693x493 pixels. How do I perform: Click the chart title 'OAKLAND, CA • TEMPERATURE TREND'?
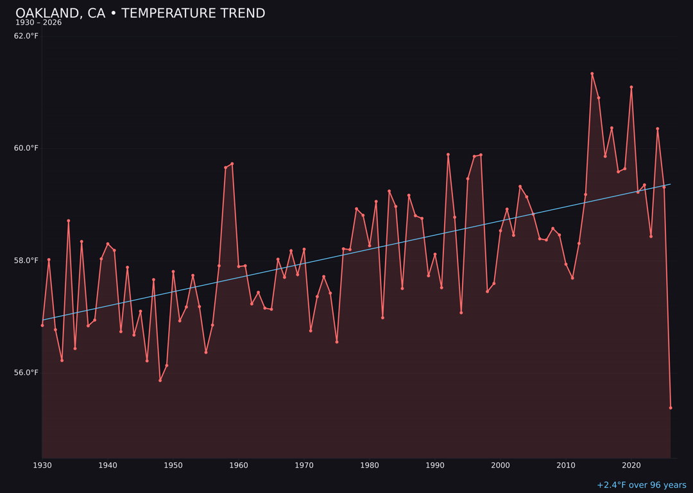click(140, 13)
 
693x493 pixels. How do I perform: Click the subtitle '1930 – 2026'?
click(38, 23)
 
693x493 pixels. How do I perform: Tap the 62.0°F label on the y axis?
click(26, 36)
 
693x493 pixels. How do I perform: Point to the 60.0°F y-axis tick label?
click(26, 148)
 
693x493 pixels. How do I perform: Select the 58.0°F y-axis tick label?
click(26, 261)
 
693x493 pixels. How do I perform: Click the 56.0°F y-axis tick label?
click(26, 373)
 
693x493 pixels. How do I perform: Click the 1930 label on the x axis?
click(42, 465)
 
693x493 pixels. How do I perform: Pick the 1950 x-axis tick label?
click(173, 465)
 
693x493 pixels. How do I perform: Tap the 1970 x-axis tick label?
click(304, 465)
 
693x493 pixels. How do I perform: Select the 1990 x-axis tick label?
click(435, 465)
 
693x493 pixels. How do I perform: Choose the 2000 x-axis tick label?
click(501, 465)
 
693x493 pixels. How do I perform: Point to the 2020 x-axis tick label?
click(631, 465)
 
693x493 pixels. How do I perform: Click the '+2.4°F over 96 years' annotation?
click(641, 485)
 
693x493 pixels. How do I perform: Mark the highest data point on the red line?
click(592, 74)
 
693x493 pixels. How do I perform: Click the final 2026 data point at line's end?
click(671, 408)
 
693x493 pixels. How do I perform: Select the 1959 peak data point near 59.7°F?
click(232, 164)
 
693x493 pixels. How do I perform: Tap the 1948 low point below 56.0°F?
click(160, 380)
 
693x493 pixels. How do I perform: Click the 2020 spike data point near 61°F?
click(631, 87)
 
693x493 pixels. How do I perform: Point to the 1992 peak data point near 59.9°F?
click(448, 155)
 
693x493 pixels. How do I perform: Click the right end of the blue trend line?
click(671, 184)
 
